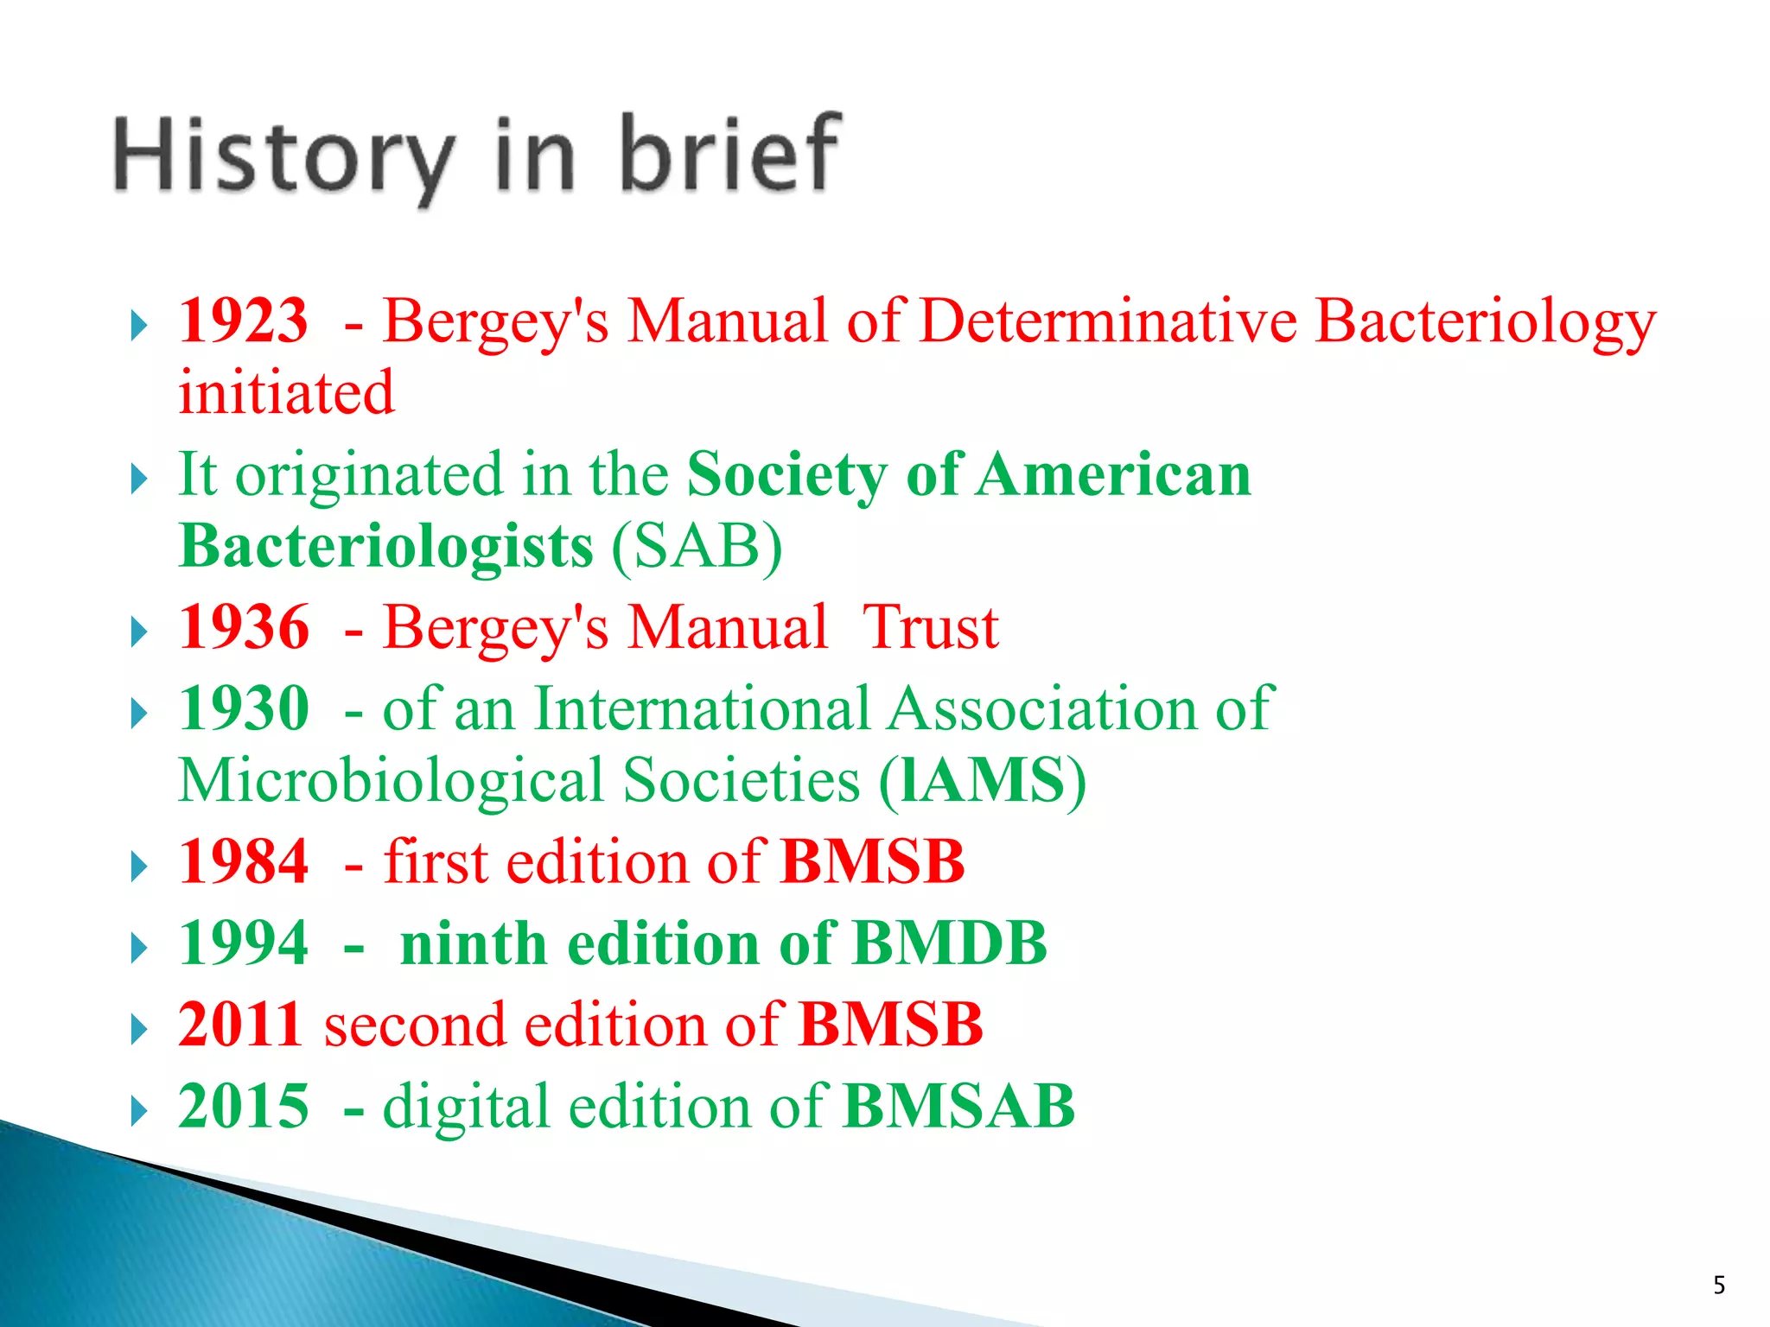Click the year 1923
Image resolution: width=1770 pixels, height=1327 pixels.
(243, 321)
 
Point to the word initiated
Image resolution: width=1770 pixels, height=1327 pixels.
(286, 393)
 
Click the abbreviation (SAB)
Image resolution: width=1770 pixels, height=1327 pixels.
(697, 546)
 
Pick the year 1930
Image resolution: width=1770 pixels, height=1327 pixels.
(243, 708)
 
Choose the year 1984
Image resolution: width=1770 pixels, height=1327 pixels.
(243, 861)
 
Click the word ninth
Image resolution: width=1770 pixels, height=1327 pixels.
(474, 943)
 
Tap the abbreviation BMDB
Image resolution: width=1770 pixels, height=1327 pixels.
(949, 943)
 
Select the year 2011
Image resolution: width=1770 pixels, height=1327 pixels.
(239, 1025)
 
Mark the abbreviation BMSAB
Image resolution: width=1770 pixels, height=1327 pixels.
(958, 1107)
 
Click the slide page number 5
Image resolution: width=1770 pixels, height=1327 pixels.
(1719, 1286)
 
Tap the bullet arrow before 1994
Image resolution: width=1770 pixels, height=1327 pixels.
(138, 948)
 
